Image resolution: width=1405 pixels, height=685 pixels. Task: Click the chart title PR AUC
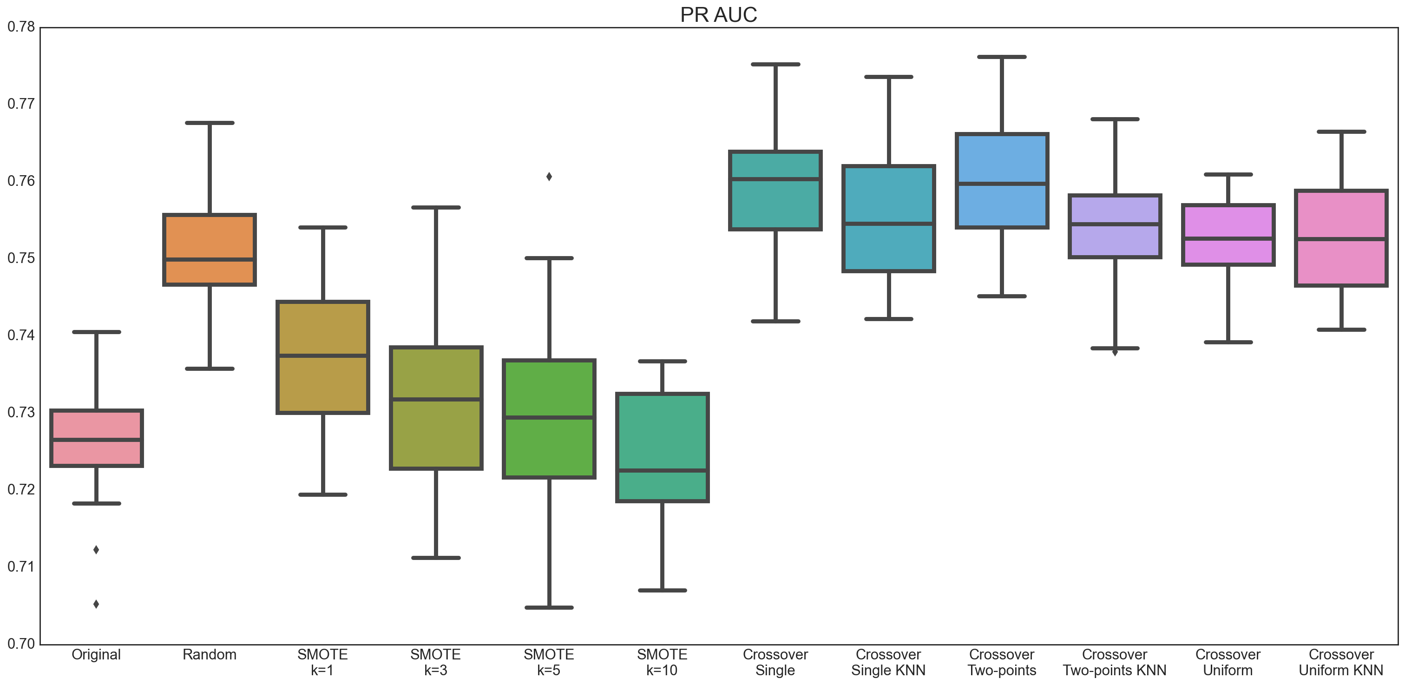point(718,15)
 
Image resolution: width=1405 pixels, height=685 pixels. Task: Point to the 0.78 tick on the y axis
point(21,27)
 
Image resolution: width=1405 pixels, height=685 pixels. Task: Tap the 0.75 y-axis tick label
point(21,258)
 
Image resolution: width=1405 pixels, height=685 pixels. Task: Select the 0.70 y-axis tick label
point(21,644)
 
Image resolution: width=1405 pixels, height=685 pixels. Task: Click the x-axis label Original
point(96,654)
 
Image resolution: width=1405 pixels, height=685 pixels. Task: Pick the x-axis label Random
point(210,654)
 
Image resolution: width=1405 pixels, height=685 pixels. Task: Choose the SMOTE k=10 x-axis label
point(662,662)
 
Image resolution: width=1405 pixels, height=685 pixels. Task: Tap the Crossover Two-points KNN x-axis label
point(1114,662)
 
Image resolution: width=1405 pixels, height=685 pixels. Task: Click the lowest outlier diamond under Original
point(96,604)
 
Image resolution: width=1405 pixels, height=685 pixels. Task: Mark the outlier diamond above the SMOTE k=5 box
point(549,177)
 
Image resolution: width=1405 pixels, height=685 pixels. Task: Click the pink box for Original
point(97,425)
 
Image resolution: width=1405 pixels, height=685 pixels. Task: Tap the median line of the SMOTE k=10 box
point(662,470)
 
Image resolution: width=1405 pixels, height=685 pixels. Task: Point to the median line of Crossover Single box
point(775,179)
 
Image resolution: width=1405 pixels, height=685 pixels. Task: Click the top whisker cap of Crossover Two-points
point(1002,57)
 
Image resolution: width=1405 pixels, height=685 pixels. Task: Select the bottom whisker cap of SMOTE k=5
point(549,607)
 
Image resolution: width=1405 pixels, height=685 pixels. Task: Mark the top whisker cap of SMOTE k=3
point(436,207)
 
